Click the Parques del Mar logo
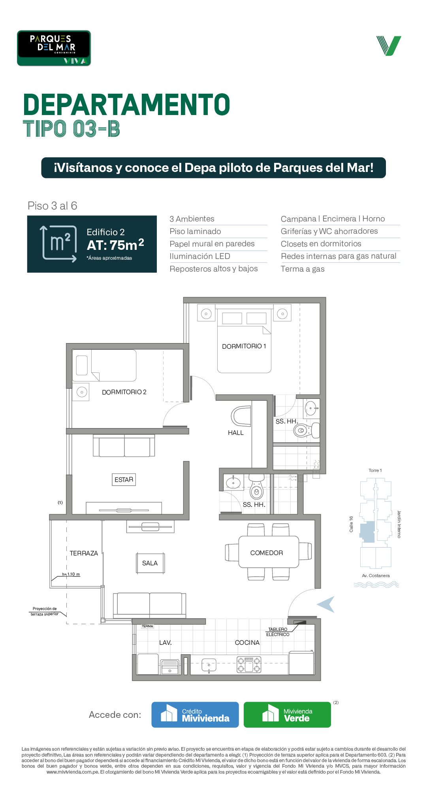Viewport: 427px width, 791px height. click(x=54, y=48)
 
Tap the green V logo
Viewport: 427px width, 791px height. click(x=389, y=46)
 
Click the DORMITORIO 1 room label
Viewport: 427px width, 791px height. click(x=244, y=346)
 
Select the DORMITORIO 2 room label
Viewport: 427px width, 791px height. click(x=124, y=392)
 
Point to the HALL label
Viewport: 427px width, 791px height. click(x=236, y=433)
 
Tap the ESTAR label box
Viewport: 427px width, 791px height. click(x=124, y=480)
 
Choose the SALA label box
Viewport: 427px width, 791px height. click(x=150, y=563)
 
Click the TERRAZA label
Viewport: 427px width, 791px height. click(x=84, y=553)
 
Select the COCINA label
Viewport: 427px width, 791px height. click(x=247, y=643)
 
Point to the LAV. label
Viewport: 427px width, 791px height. click(x=166, y=643)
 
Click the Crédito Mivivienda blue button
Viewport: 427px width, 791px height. click(x=195, y=715)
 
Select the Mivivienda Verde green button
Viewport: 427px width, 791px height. click(x=287, y=715)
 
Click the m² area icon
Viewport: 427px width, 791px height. click(x=59, y=244)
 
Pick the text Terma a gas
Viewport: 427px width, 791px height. click(x=303, y=269)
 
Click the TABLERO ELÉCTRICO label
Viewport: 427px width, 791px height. click(x=278, y=632)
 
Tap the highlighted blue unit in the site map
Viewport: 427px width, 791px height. click(x=367, y=532)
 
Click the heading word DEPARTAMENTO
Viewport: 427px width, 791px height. click(x=126, y=105)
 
